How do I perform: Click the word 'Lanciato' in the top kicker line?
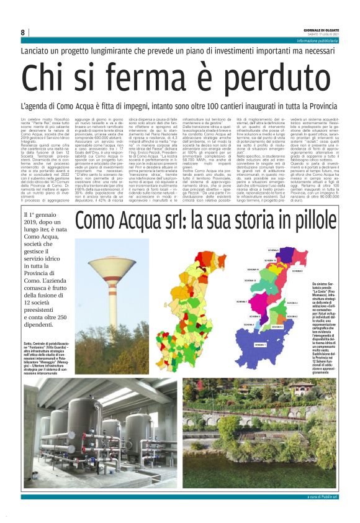[38, 50]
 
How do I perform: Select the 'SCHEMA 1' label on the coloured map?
[260, 344]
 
